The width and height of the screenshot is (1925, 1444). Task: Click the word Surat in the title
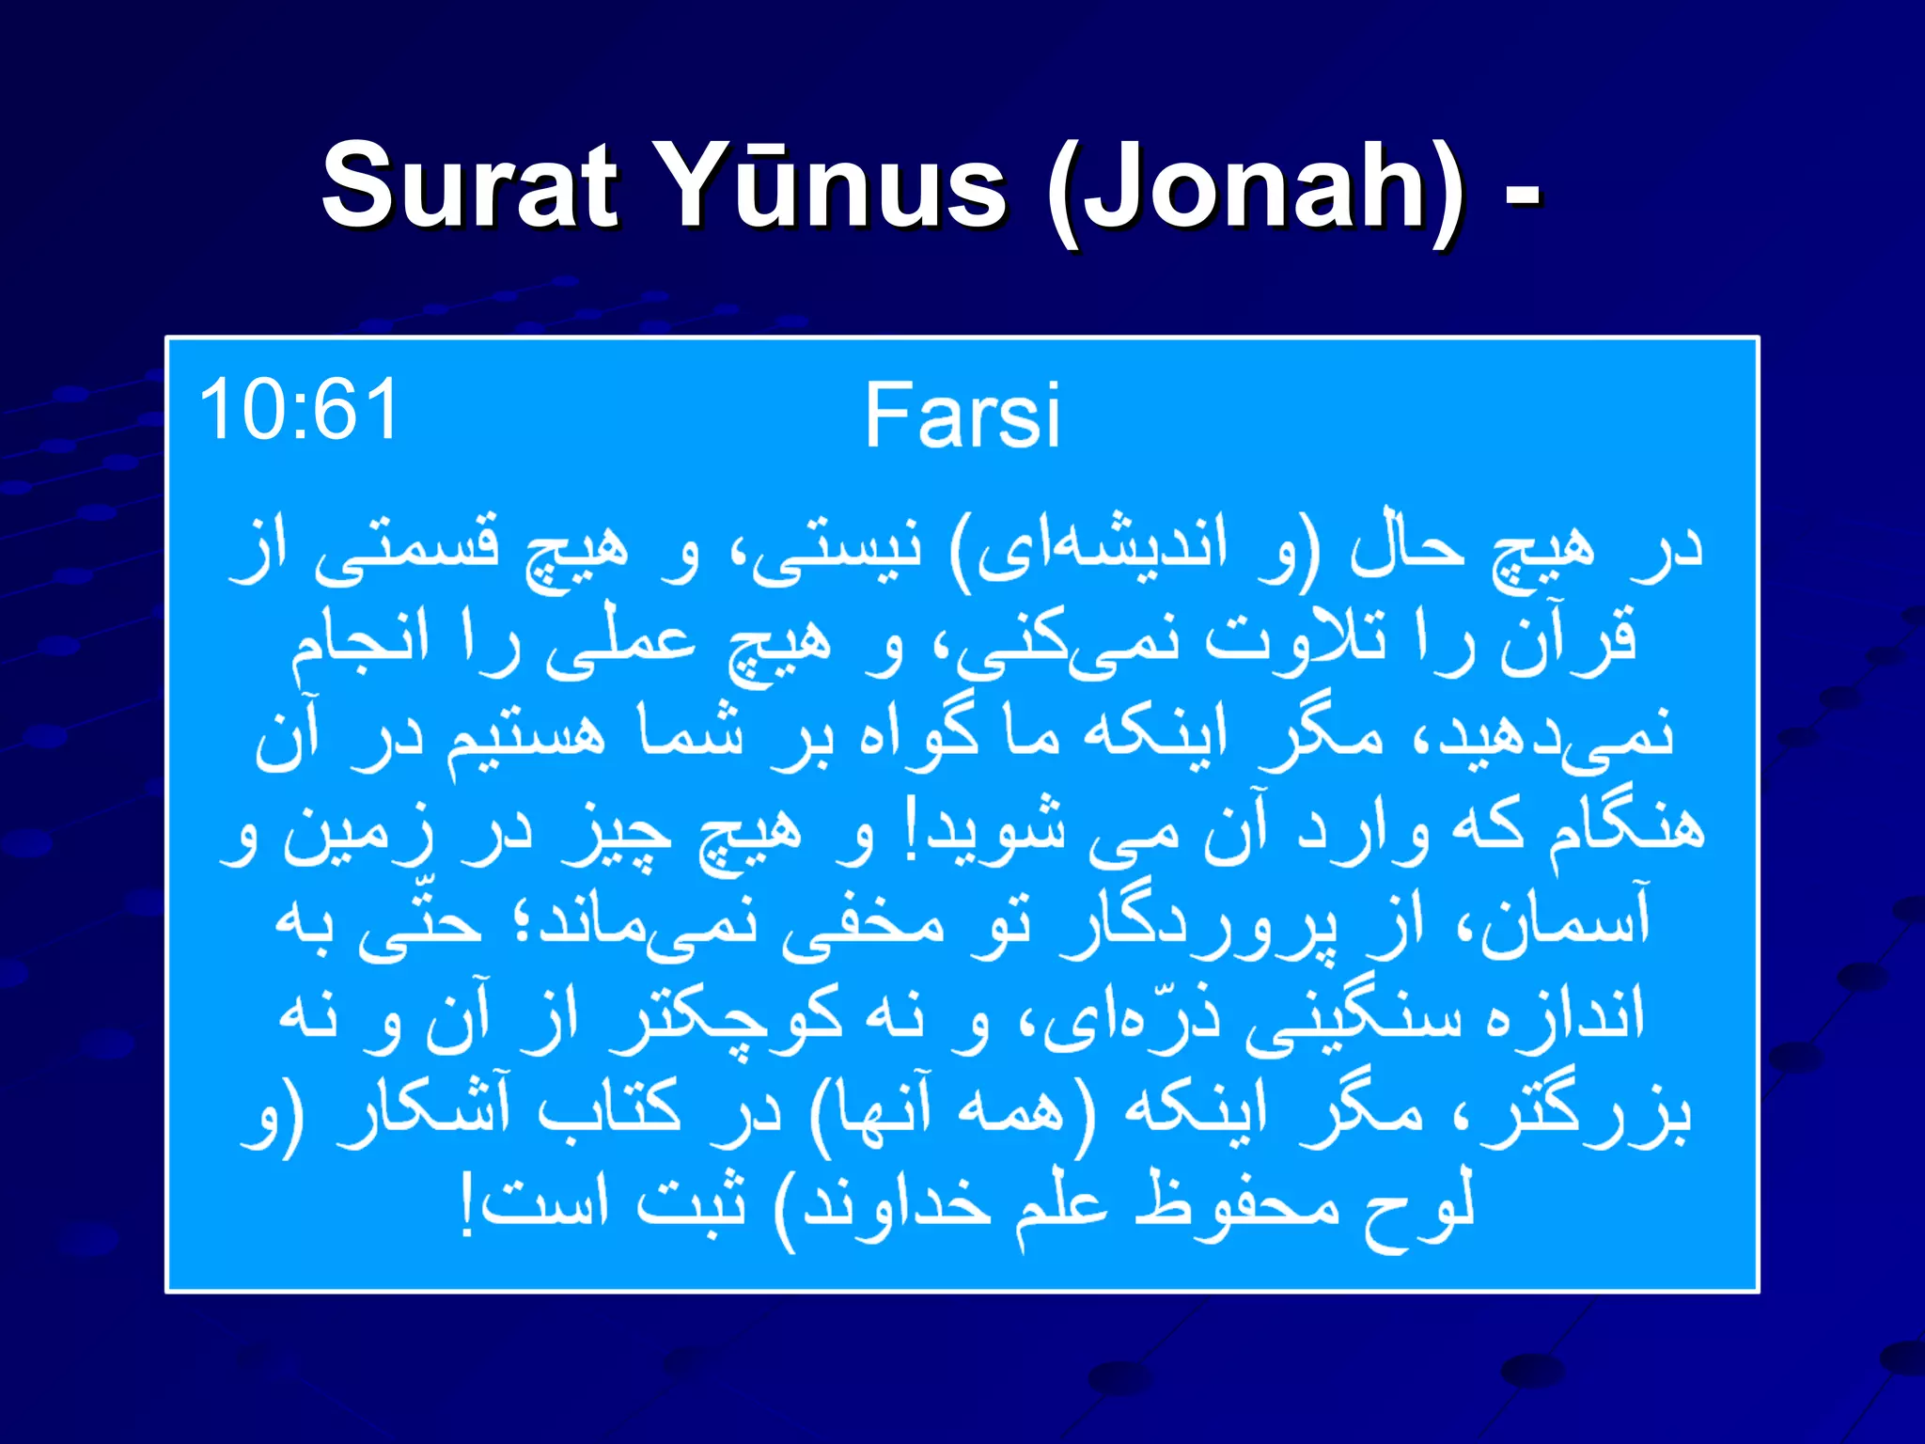pyautogui.click(x=470, y=185)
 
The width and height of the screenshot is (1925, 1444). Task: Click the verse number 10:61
pyautogui.click(x=299, y=410)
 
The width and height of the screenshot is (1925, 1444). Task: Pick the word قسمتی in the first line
pyautogui.click(x=406, y=549)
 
